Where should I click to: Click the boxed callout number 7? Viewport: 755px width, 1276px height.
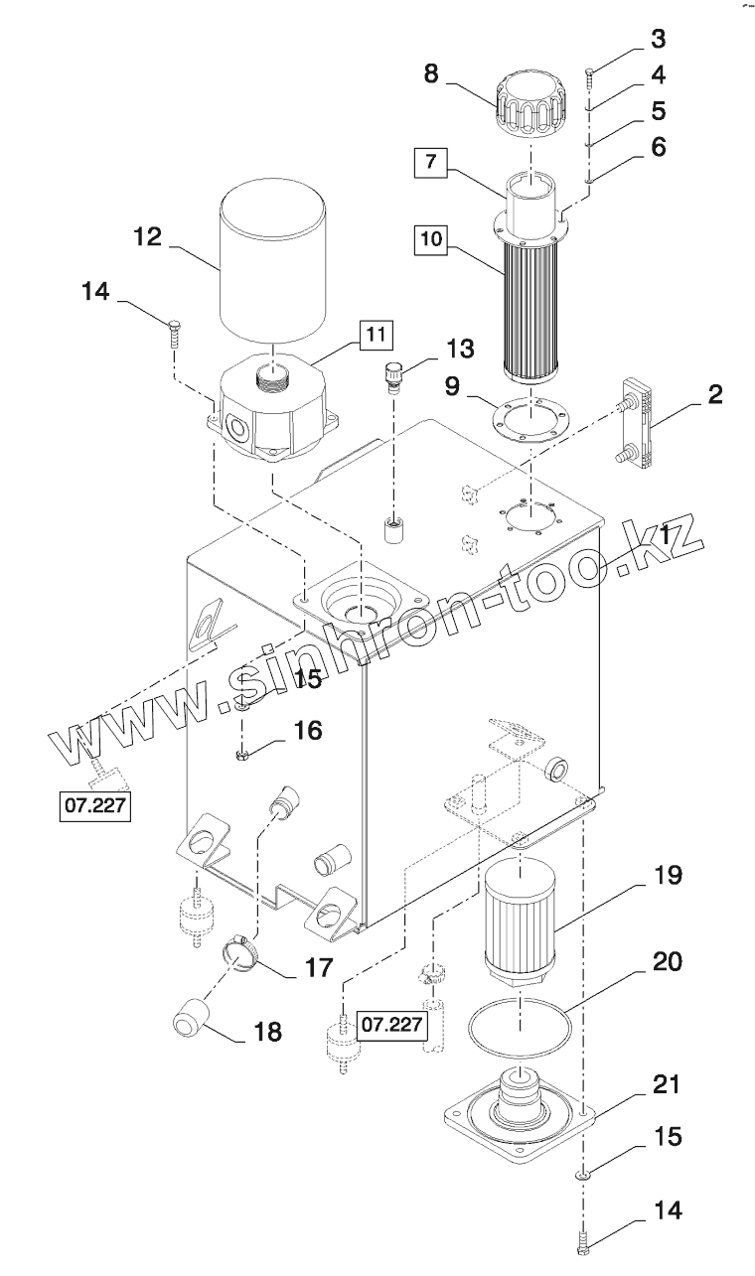coord(431,162)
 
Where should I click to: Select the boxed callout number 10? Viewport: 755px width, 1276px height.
coord(431,238)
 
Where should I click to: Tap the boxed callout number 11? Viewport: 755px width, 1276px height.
coord(377,335)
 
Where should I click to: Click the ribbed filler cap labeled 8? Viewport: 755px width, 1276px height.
coord(531,103)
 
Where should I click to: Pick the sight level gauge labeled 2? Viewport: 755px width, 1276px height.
coord(636,424)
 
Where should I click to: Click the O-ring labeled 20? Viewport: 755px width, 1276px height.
coord(521,1027)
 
